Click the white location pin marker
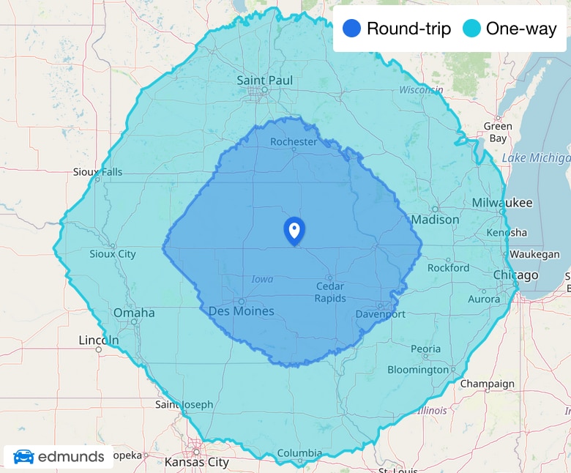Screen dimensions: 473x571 point(294,230)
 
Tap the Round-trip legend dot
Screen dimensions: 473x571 point(352,29)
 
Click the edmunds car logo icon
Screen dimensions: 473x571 point(23,456)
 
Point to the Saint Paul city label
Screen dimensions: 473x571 point(264,80)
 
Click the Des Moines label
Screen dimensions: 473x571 point(242,311)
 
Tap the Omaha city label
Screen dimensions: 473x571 point(134,313)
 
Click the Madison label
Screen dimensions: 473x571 point(435,220)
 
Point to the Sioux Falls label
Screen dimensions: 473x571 point(98,172)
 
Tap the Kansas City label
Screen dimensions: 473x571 point(196,462)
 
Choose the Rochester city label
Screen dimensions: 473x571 point(294,141)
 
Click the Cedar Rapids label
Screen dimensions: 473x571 point(330,292)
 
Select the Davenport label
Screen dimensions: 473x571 point(380,314)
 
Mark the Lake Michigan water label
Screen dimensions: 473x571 point(536,157)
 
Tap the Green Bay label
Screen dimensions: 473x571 point(498,132)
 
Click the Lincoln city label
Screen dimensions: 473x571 point(98,340)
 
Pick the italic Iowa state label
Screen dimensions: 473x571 point(262,279)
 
